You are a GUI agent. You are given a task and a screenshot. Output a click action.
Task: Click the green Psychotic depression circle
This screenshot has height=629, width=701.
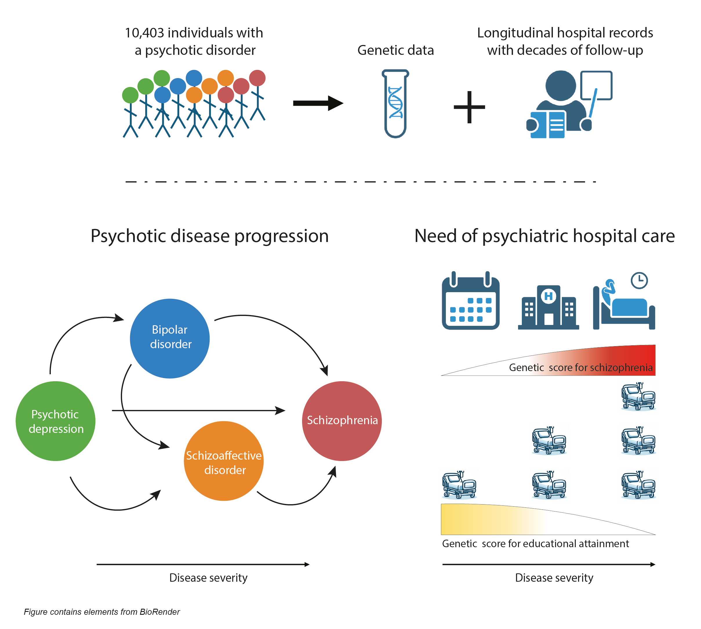point(55,421)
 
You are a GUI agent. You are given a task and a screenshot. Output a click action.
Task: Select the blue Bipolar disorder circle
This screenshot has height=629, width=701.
point(170,338)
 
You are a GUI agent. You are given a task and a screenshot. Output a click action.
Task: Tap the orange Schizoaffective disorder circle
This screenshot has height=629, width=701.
point(224,460)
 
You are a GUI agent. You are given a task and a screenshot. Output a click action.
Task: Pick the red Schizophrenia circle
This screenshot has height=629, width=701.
point(342,421)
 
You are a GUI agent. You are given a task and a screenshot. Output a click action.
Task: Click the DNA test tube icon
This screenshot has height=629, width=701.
point(395,104)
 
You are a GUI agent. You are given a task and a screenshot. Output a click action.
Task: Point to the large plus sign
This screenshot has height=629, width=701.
point(469,107)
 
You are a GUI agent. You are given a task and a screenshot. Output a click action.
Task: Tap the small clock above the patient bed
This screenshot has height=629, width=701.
point(639,280)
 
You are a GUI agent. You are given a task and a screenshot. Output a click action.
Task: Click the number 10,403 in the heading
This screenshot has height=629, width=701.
point(144,33)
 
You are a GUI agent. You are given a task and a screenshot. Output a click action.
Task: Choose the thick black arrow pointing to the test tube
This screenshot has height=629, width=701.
point(318,103)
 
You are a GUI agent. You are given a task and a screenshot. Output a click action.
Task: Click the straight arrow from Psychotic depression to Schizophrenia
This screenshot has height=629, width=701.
point(199,410)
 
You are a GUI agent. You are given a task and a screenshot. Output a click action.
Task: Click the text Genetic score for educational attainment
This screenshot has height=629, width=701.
point(535,543)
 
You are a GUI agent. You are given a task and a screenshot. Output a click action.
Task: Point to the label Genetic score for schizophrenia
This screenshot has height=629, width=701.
point(580,367)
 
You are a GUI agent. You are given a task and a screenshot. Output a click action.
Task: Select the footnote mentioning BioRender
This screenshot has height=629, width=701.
point(102,612)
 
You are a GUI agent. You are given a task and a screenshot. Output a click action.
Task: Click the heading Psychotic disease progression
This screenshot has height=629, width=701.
point(209,236)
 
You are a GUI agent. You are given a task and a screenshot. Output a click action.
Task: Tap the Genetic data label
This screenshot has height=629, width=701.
point(395,50)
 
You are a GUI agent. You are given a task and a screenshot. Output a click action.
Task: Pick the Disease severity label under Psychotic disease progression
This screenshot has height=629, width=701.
point(208,578)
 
